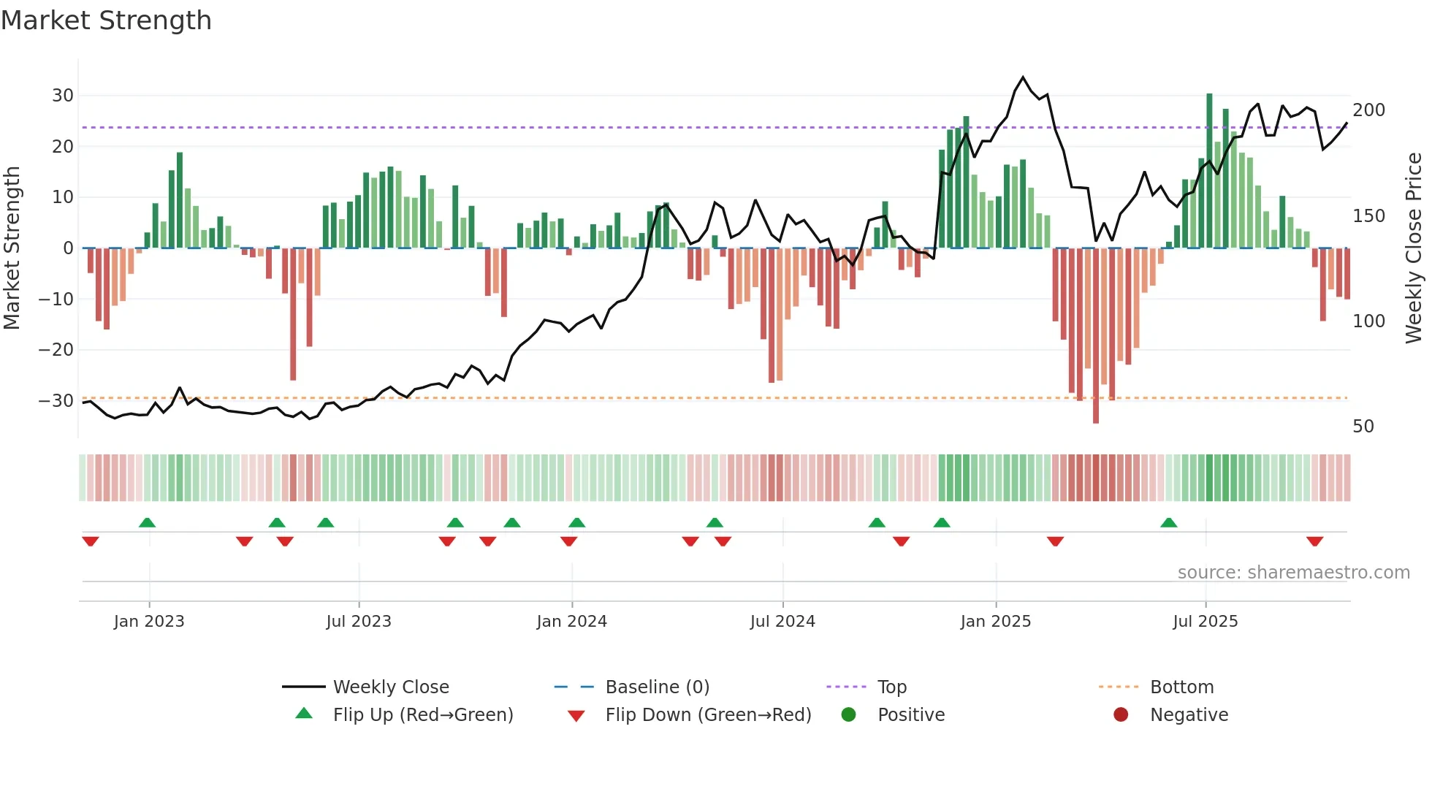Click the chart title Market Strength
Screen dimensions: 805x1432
pos(107,20)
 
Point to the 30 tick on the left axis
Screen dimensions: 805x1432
pos(63,96)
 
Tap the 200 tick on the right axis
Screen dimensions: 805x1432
pos(1368,110)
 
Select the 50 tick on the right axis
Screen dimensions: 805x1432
pos(1363,427)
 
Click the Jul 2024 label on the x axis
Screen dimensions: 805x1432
pos(782,622)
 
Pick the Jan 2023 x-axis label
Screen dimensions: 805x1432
pos(149,622)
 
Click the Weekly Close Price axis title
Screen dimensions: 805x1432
pos(1414,248)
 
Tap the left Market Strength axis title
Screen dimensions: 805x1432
pos(12,248)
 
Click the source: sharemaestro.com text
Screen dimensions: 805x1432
pos(1293,573)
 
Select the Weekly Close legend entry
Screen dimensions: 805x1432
pos(391,687)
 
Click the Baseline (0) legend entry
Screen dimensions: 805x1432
pos(657,687)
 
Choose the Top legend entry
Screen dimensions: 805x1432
pos(891,687)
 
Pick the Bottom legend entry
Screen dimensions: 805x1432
pos(1181,687)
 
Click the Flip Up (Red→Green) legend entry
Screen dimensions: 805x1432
pos(422,715)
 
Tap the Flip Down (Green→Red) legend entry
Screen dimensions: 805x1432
pos(707,715)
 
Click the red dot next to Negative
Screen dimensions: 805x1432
pos(1121,715)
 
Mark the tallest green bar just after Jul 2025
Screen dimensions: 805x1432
pos(1209,172)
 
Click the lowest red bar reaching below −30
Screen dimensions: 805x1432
pos(1096,336)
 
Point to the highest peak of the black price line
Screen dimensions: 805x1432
pos(1023,77)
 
